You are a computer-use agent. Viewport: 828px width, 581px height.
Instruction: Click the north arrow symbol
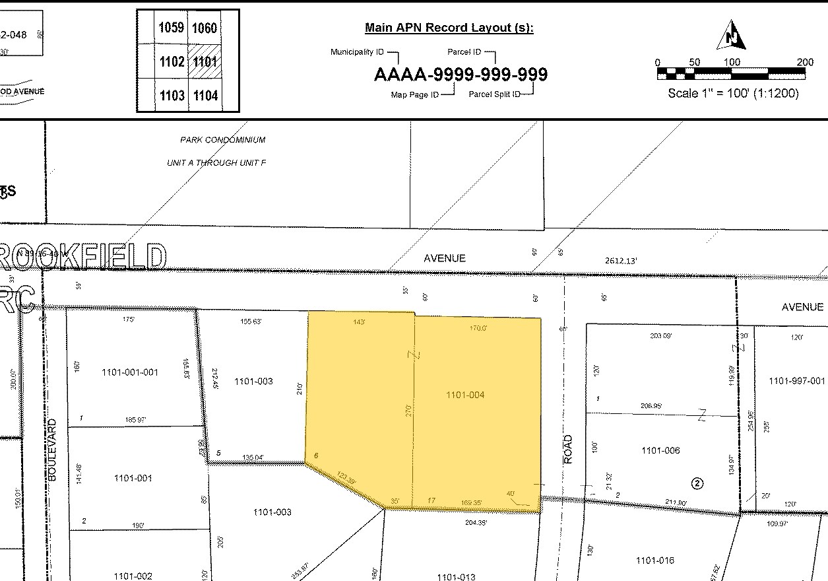click(732, 36)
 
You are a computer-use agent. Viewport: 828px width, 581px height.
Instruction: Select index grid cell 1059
click(171, 28)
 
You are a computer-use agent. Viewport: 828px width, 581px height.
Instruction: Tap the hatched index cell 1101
click(205, 62)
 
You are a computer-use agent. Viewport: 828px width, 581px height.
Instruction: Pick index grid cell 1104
click(205, 96)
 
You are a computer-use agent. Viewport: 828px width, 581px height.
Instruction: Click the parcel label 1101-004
click(465, 395)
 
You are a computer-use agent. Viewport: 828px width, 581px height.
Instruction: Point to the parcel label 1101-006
click(660, 450)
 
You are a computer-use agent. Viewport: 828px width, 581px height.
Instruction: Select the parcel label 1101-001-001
click(130, 372)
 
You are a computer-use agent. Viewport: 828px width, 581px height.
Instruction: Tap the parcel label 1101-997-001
click(797, 381)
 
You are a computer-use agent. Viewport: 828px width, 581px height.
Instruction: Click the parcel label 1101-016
click(655, 561)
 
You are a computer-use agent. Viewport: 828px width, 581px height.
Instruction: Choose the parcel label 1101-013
click(456, 576)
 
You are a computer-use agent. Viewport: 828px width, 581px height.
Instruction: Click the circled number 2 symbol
click(697, 483)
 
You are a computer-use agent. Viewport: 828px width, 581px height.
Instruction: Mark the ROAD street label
click(568, 449)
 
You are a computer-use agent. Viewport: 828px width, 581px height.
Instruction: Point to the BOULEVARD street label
click(53, 449)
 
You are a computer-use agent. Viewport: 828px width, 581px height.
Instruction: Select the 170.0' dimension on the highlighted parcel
click(478, 327)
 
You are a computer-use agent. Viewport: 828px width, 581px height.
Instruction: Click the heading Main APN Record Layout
click(449, 28)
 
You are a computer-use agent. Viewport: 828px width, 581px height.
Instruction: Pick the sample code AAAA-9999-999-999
click(461, 75)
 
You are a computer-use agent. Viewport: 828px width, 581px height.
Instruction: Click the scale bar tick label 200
click(805, 62)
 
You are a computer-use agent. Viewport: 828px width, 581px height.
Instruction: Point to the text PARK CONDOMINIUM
click(223, 140)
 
